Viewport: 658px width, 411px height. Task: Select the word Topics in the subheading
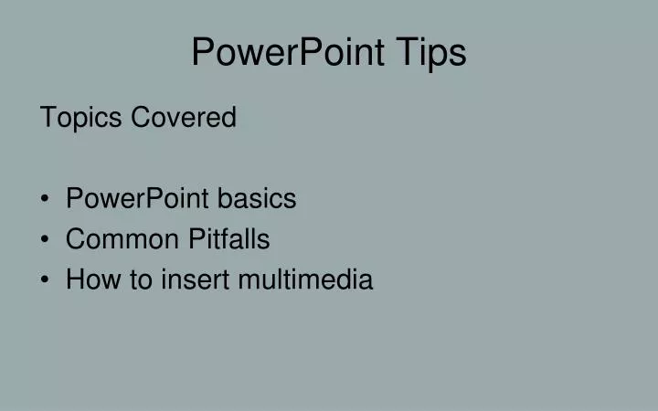(x=81, y=118)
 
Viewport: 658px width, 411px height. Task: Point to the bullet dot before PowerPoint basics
(x=46, y=199)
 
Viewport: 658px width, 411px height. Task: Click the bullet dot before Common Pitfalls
(x=46, y=240)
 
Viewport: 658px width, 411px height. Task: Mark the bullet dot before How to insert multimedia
(x=46, y=280)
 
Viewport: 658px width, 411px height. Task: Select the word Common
(x=122, y=239)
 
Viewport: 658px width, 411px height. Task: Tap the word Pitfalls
(x=229, y=239)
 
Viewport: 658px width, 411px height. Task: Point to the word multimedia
(x=305, y=279)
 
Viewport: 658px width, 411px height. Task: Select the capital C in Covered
(x=141, y=118)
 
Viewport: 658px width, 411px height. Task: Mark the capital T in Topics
(x=48, y=118)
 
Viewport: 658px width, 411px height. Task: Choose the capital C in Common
(x=75, y=239)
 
